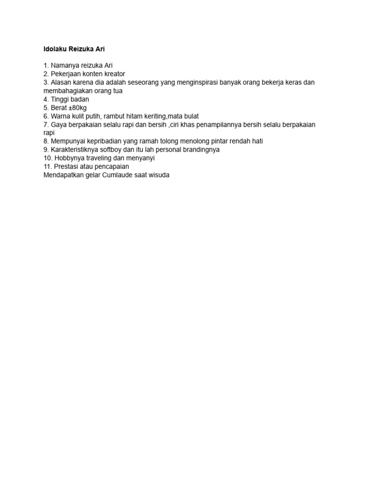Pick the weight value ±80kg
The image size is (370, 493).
pos(77,108)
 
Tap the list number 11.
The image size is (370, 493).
pos(47,167)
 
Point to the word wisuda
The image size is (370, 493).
pos(159,175)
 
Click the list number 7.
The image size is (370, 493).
pos(46,125)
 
